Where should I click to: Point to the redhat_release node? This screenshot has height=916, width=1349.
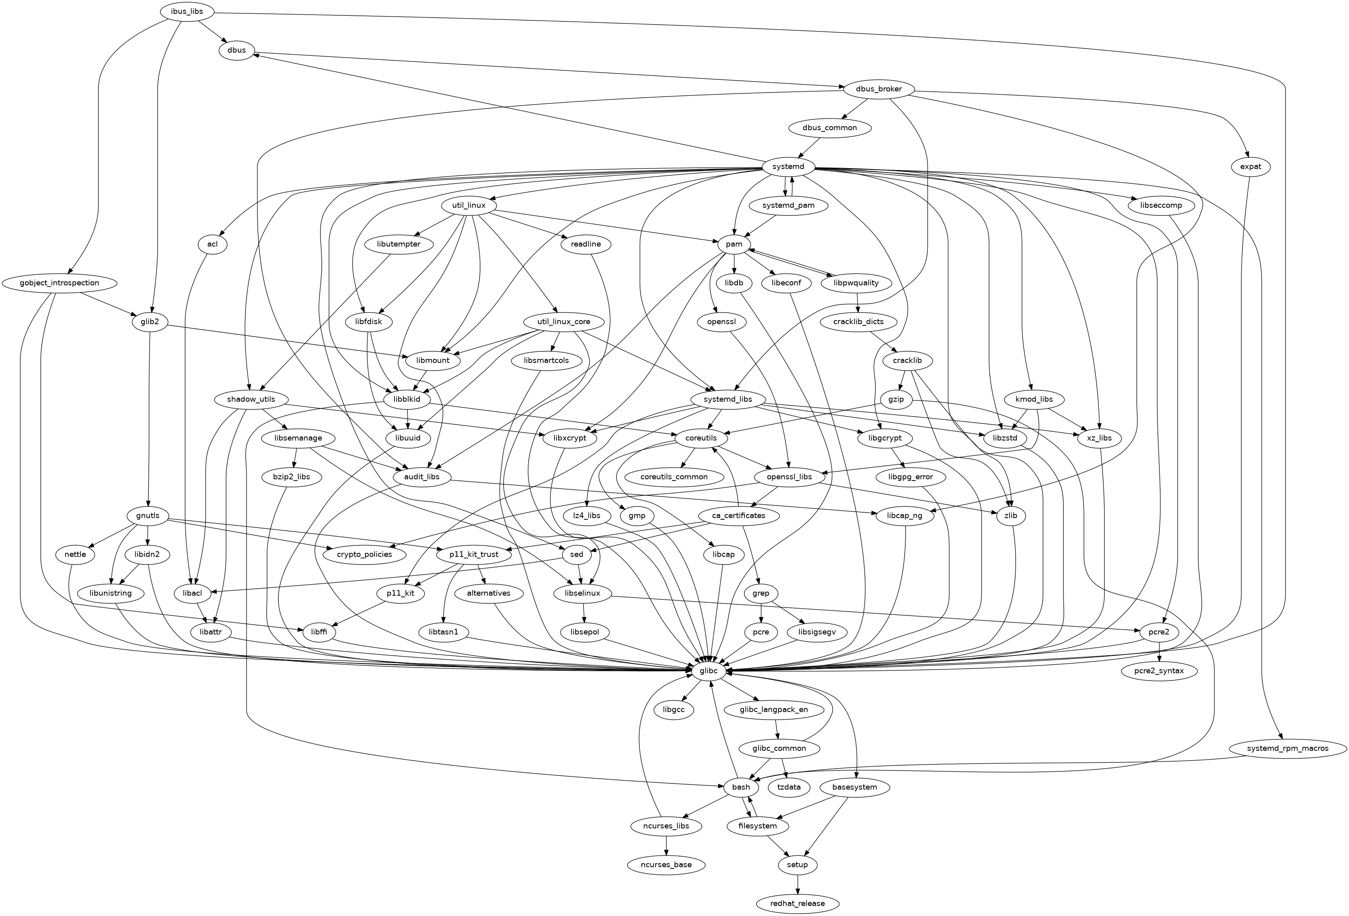(x=797, y=903)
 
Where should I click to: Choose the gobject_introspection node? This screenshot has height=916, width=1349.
(x=59, y=283)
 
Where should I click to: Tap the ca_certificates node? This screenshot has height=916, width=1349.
(x=738, y=516)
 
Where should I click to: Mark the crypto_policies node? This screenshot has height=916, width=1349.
(x=364, y=554)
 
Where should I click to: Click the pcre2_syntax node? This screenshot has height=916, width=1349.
(x=1159, y=671)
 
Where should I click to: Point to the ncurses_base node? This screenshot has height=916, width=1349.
(x=667, y=864)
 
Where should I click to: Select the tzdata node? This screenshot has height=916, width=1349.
(x=788, y=787)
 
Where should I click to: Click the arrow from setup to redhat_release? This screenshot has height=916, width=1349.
(x=797, y=884)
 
